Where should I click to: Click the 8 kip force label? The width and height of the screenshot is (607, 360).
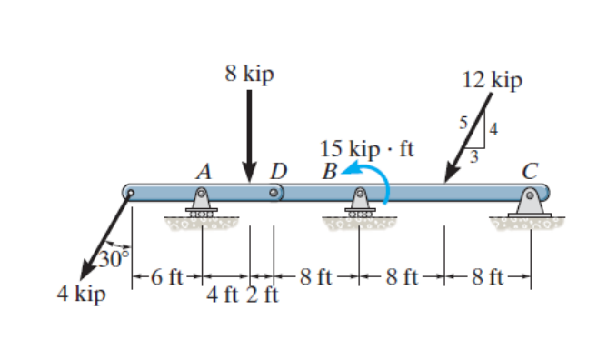point(249,75)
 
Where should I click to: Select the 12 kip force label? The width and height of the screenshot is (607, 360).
point(492,80)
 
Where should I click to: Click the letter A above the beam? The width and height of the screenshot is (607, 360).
point(204,170)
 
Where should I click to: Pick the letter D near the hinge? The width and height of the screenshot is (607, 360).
point(279,170)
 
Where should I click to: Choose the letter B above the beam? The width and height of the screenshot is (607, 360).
point(329,170)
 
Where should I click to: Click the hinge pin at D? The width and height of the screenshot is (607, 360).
point(274,193)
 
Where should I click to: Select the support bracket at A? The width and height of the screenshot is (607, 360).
point(202,202)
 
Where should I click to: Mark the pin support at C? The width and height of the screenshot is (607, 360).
point(530,202)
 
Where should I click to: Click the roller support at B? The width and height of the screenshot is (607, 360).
point(360,204)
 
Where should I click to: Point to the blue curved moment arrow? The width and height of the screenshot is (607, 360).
point(383,182)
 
